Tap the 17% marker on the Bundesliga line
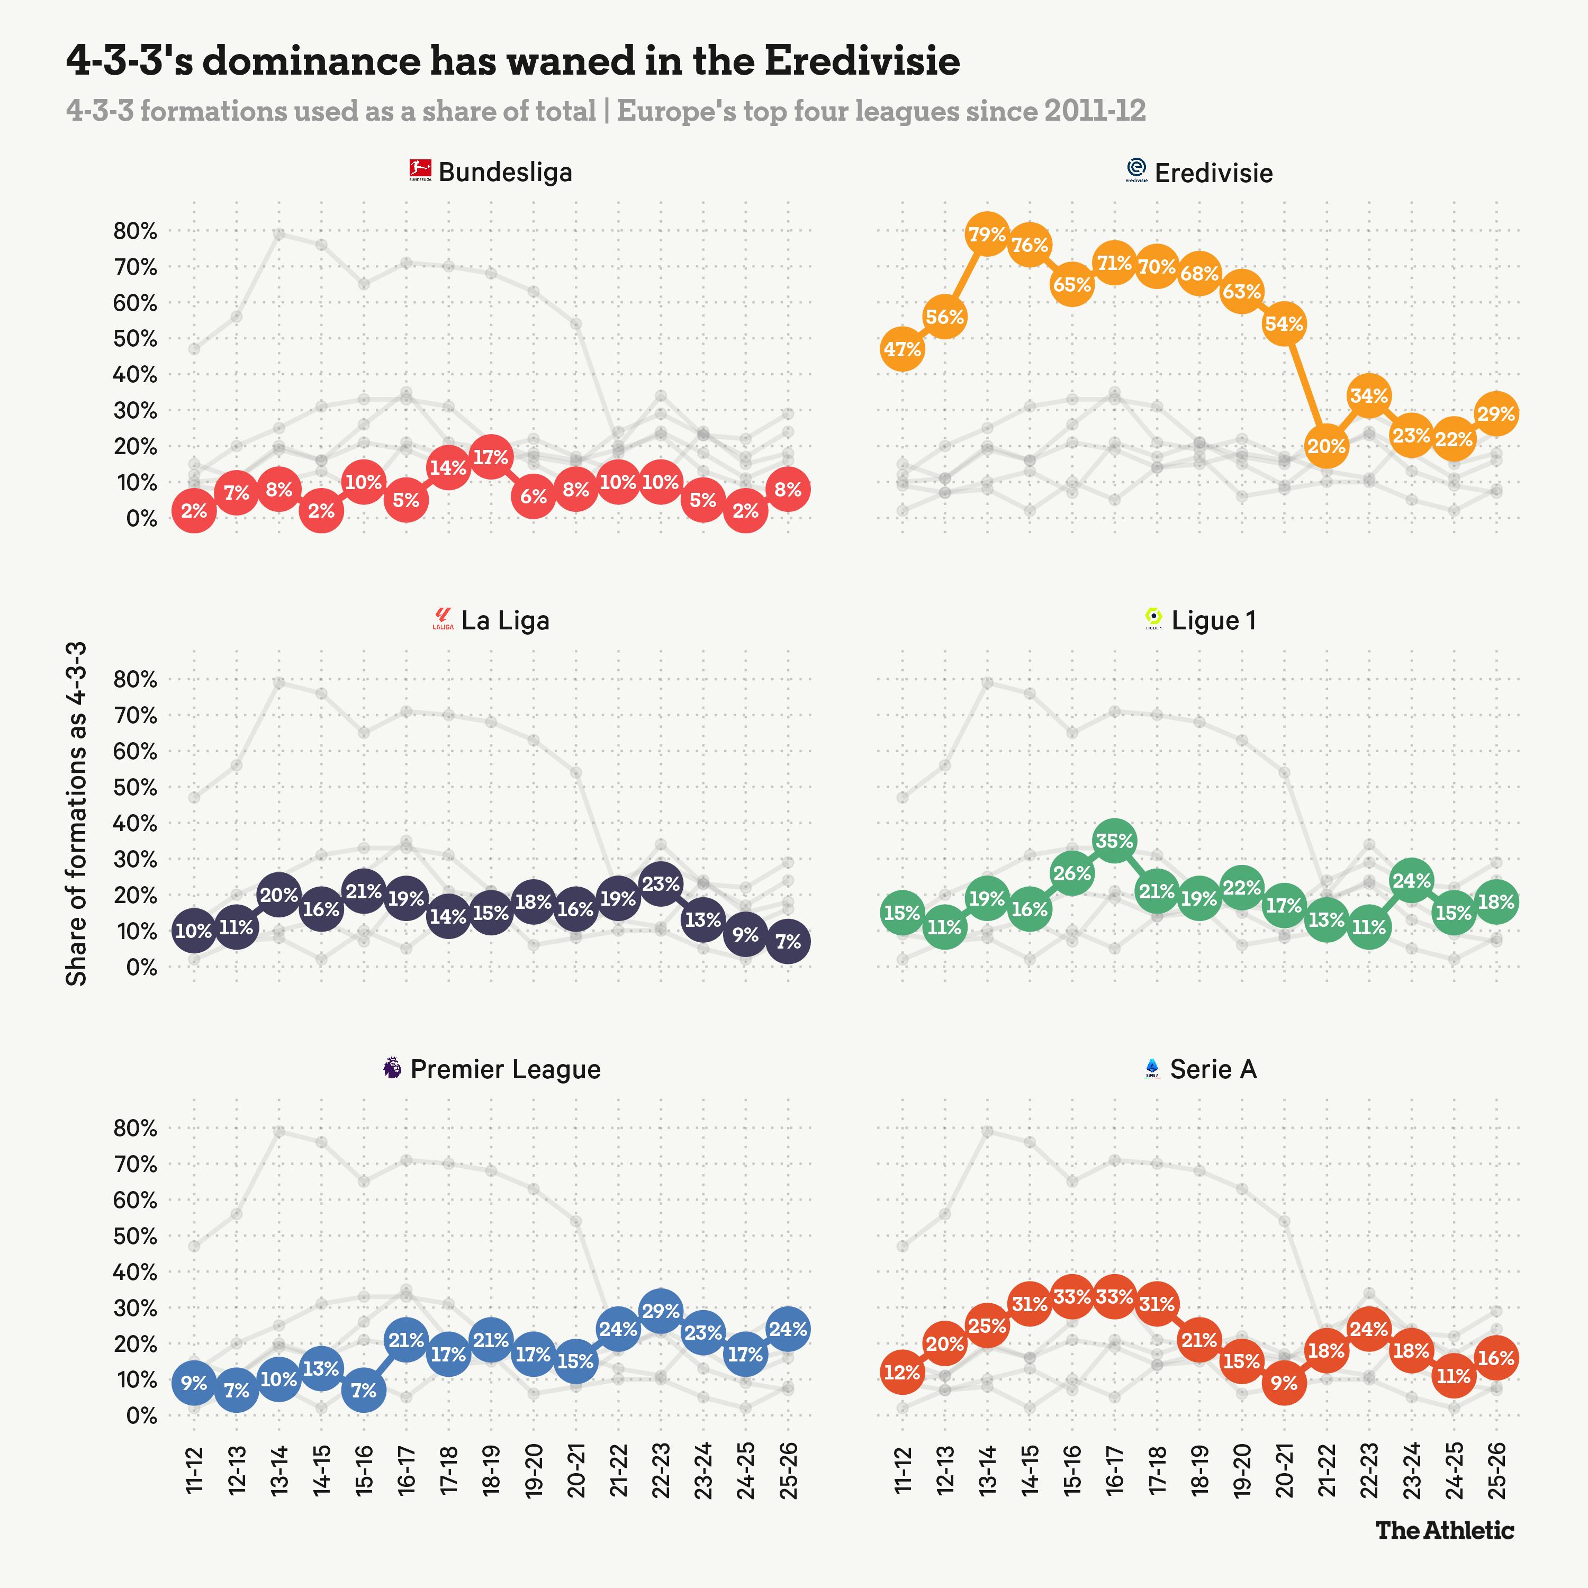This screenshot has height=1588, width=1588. click(491, 457)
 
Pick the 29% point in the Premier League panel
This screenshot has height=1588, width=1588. click(661, 1311)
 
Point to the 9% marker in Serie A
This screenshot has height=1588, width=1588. click(1284, 1383)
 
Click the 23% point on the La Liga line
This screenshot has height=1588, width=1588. click(661, 885)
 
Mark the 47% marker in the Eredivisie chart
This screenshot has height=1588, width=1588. click(903, 349)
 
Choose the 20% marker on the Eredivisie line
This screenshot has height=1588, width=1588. click(1326, 446)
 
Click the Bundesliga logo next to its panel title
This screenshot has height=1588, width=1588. click(420, 171)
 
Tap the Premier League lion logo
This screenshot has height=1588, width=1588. click(393, 1069)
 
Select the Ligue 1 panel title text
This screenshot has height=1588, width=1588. click(1213, 620)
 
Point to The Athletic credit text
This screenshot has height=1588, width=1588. click(1444, 1530)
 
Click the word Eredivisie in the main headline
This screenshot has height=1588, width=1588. click(861, 61)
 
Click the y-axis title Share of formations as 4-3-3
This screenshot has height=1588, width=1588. click(76, 814)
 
